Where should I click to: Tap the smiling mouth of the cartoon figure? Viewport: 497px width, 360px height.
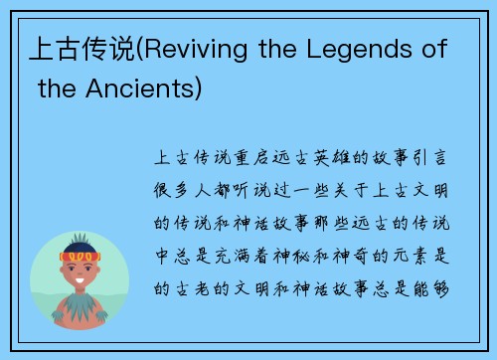click(80, 282)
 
